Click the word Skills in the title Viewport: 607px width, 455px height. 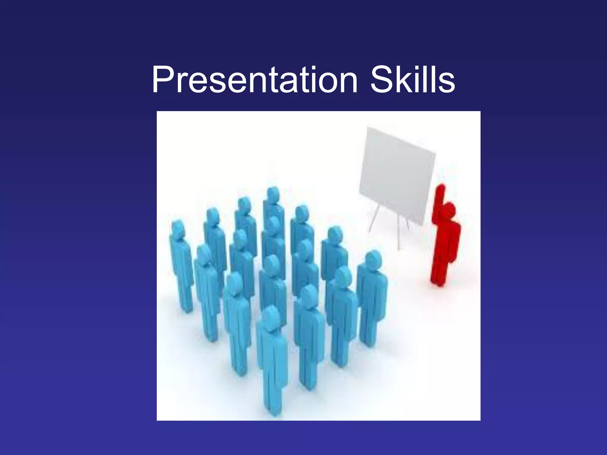point(413,80)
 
